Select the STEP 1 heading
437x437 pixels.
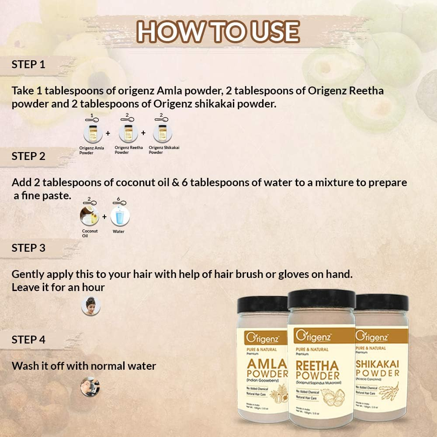click(x=28, y=65)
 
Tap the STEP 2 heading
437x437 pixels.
click(x=28, y=156)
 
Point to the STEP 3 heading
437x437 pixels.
click(x=28, y=248)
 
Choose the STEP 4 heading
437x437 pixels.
click(x=28, y=340)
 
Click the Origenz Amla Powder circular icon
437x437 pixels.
click(x=93, y=133)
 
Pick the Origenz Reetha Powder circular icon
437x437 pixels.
click(x=128, y=133)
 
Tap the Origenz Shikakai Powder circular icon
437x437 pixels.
click(x=163, y=133)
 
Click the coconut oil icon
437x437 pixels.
click(x=89, y=216)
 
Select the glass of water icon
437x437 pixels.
click(x=120, y=216)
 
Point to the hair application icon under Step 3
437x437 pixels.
click(x=91, y=306)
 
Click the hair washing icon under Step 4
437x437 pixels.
click(x=90, y=387)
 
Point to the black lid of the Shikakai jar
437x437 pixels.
click(x=382, y=302)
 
